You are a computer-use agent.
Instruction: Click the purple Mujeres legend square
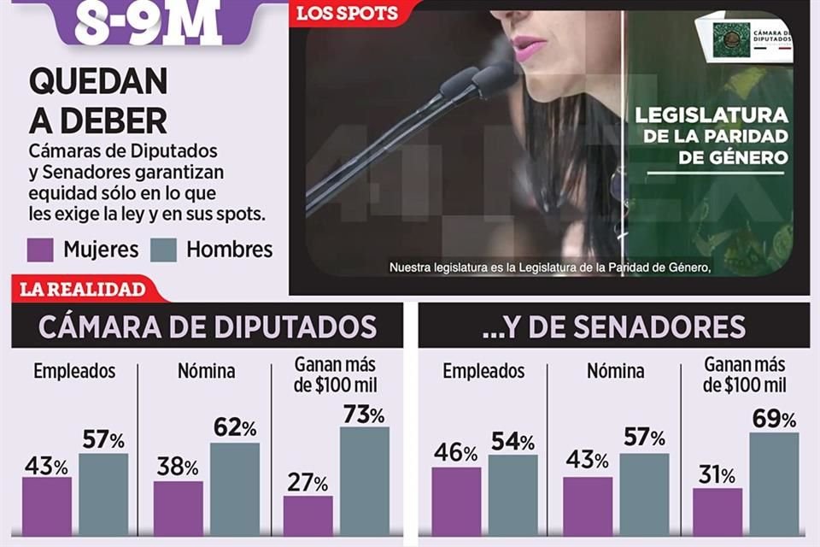coord(40,250)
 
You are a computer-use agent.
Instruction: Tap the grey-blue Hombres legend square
coord(163,250)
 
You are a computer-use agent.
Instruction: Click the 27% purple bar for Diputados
coord(307,515)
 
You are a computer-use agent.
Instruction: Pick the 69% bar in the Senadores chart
coord(774,484)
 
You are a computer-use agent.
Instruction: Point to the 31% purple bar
coord(717,512)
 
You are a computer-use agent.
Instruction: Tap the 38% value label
coord(177,467)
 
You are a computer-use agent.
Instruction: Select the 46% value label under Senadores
coord(456,453)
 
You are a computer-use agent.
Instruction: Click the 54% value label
coord(512,441)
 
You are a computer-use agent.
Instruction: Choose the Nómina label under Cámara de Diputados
coord(206,371)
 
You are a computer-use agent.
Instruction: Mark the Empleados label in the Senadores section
coord(483,371)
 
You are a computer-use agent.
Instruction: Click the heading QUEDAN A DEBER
coord(97,101)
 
